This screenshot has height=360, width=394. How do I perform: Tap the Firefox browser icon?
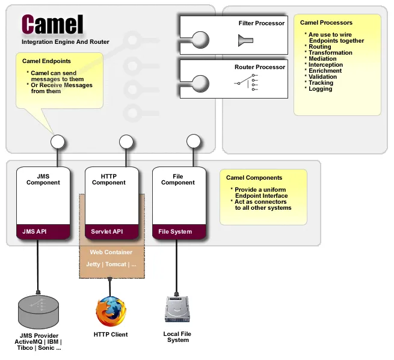[x=111, y=311]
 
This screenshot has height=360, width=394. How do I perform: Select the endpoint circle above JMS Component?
[x=58, y=142]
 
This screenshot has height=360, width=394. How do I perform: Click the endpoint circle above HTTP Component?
[x=126, y=142]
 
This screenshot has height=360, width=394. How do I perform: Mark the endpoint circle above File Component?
[x=193, y=142]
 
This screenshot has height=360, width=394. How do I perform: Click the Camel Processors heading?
[x=326, y=23]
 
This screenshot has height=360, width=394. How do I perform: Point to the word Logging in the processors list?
[x=320, y=89]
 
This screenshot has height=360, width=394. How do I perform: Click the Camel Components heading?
[x=254, y=178]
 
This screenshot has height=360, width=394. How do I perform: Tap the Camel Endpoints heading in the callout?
[x=46, y=61]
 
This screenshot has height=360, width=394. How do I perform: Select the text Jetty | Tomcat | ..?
[x=111, y=264]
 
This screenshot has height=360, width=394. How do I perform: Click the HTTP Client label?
[x=111, y=334]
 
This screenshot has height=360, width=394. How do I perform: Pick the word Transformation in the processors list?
[x=330, y=53]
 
